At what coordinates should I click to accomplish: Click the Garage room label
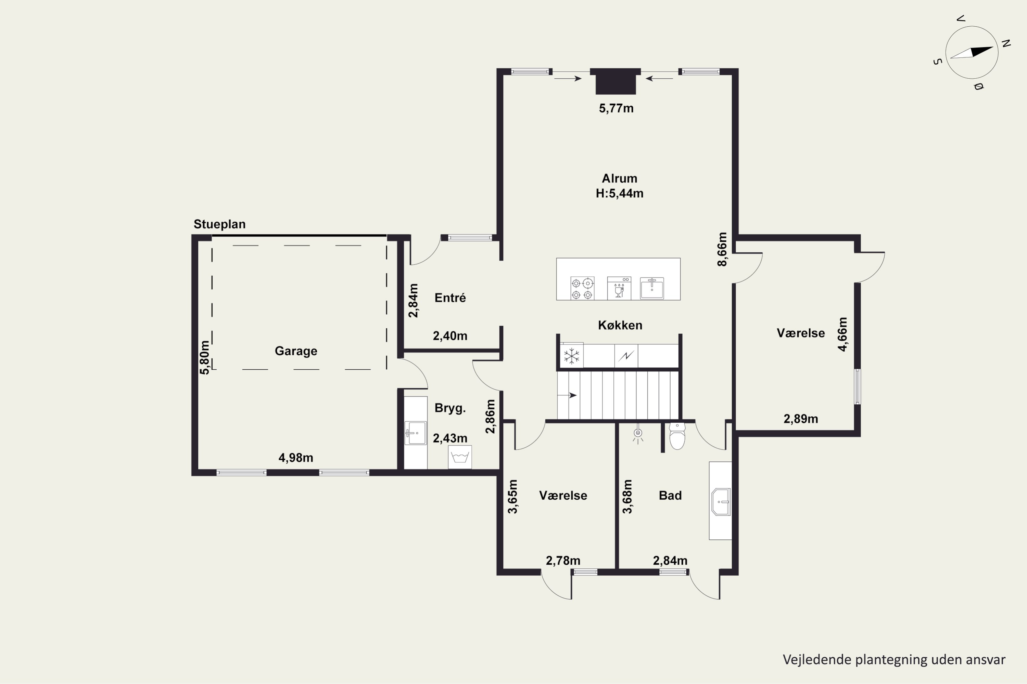click(x=296, y=351)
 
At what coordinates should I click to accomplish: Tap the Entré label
click(x=450, y=298)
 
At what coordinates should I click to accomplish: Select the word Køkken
click(x=620, y=326)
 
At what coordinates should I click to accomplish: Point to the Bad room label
click(x=670, y=496)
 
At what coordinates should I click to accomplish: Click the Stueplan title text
click(x=220, y=224)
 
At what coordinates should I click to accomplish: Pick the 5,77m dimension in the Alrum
click(x=616, y=108)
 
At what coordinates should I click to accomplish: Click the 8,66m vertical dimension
click(x=723, y=249)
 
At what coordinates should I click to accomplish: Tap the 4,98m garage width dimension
click(x=296, y=458)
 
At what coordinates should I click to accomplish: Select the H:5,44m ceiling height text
click(x=620, y=193)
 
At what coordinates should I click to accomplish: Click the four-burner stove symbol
click(x=582, y=288)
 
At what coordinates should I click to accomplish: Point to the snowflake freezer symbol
click(x=571, y=356)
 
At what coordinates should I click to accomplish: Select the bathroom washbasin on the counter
click(x=721, y=502)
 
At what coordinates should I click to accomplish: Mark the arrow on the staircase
click(x=567, y=396)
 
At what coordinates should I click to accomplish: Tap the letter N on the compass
click(x=1006, y=43)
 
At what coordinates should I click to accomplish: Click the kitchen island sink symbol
click(x=652, y=288)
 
